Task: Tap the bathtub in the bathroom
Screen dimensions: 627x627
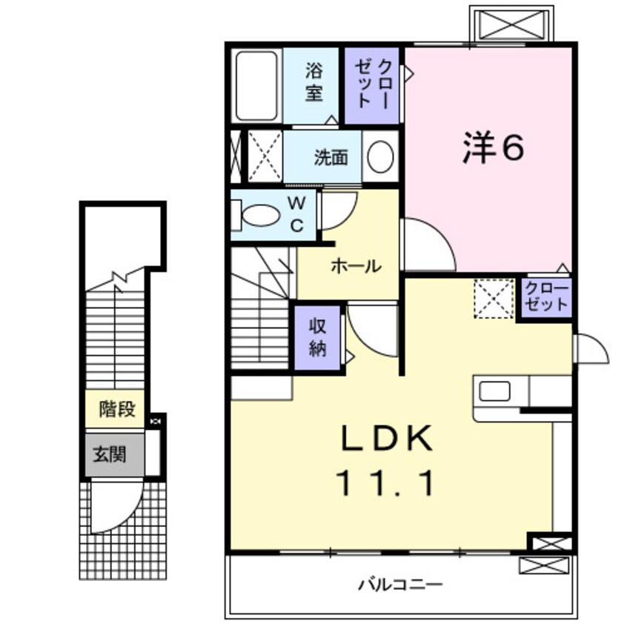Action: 256,85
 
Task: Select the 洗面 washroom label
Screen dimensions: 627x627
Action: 330,157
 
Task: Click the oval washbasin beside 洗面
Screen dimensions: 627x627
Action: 381,156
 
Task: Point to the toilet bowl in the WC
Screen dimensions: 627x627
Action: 261,216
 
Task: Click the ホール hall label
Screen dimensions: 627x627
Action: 356,265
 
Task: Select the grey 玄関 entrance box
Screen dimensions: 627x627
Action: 113,454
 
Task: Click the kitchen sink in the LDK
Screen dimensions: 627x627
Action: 494,391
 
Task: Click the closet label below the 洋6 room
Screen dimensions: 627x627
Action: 546,298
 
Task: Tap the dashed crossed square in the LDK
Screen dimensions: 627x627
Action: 494,298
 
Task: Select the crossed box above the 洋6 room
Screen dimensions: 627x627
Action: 511,24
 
